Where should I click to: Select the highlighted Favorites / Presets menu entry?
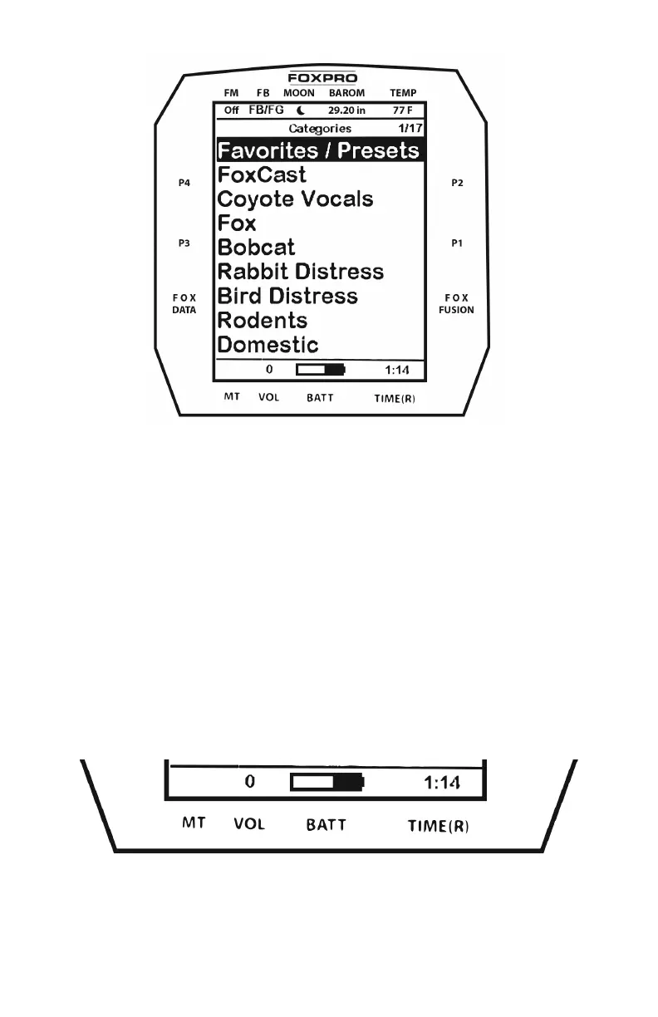[x=319, y=150]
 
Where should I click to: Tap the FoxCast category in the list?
[x=262, y=175]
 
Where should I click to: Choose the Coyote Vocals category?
[x=295, y=199]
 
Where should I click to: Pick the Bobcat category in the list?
[x=256, y=248]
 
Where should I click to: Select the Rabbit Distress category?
[x=300, y=272]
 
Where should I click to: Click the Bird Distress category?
[x=287, y=297]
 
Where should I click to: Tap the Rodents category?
[x=262, y=321]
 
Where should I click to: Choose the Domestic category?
[x=268, y=345]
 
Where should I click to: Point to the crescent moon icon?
[x=300, y=110]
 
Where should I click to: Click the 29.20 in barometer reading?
[x=346, y=110]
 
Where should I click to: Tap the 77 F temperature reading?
[x=403, y=110]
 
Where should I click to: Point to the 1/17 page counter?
[x=410, y=129]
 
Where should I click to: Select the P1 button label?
[x=458, y=243]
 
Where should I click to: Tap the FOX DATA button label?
[x=184, y=303]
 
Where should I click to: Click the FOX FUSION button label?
[x=457, y=303]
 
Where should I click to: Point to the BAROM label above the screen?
[x=346, y=94]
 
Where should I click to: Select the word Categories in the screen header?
[x=320, y=129]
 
